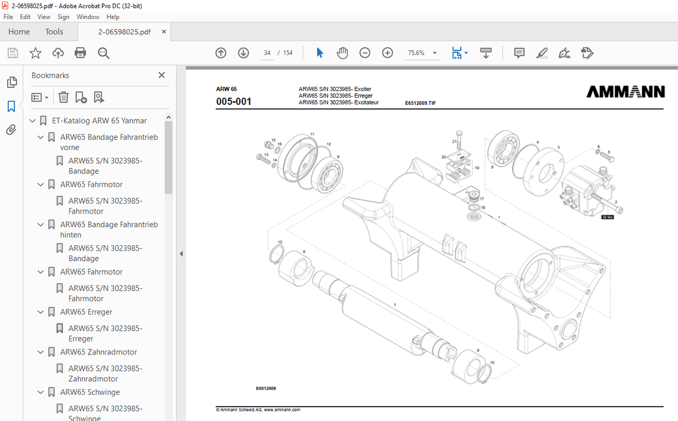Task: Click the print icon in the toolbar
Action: pyautogui.click(x=80, y=53)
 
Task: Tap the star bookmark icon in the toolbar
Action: pyautogui.click(x=36, y=53)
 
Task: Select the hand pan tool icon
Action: pyautogui.click(x=342, y=53)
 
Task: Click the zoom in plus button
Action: pyautogui.click(x=388, y=53)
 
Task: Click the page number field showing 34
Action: pyautogui.click(x=267, y=53)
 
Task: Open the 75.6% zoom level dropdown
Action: pyautogui.click(x=435, y=53)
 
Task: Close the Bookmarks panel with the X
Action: pyautogui.click(x=161, y=75)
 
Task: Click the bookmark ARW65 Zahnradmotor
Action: pyautogui.click(x=98, y=352)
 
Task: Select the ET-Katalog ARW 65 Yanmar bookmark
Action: pyautogui.click(x=99, y=121)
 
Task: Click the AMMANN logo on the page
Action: pyautogui.click(x=626, y=92)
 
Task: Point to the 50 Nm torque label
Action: pyautogui.click(x=607, y=217)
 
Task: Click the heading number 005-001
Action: pyautogui.click(x=233, y=102)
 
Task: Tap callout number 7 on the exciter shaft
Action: pyautogui.click(x=394, y=305)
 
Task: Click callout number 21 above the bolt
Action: pyautogui.click(x=454, y=141)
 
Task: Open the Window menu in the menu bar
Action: pyautogui.click(x=87, y=17)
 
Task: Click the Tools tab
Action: pyautogui.click(x=54, y=32)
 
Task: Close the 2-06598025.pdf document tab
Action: pyautogui.click(x=163, y=32)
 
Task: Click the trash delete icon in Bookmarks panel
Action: pyautogui.click(x=63, y=97)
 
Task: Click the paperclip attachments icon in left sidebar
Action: pyautogui.click(x=11, y=130)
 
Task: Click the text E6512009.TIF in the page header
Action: pyautogui.click(x=420, y=103)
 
